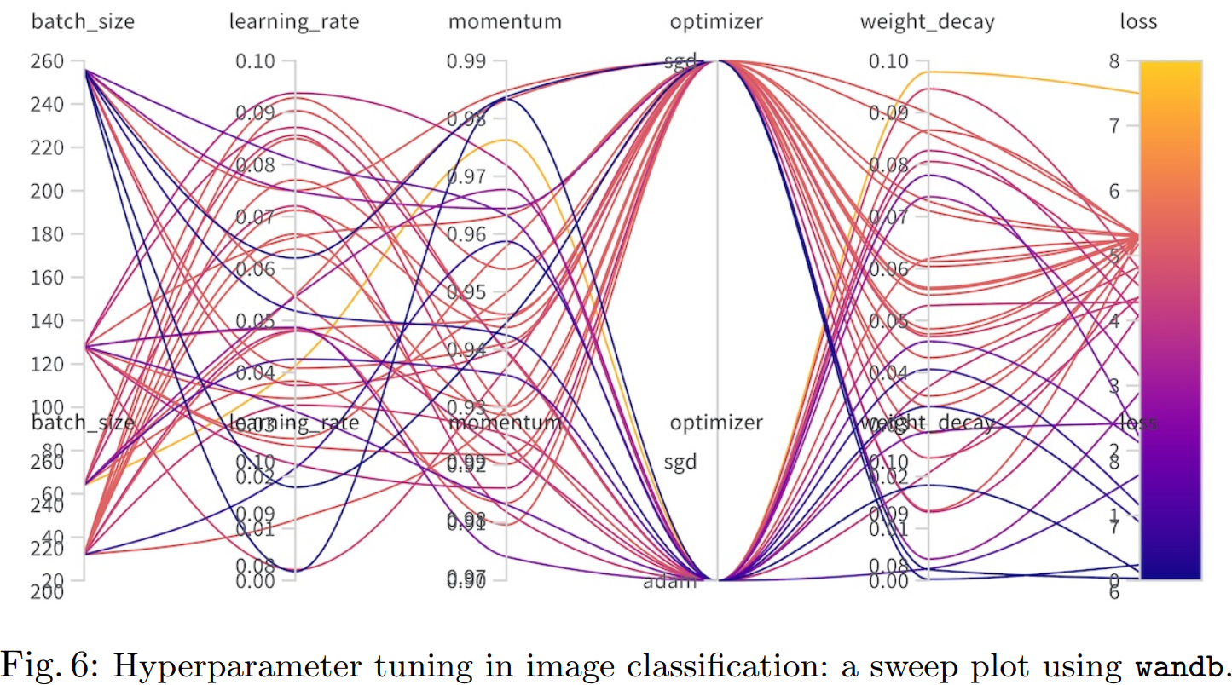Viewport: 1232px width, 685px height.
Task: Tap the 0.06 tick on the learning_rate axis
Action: pyautogui.click(x=261, y=269)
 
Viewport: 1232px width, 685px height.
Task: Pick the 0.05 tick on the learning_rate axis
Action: pyautogui.click(x=261, y=321)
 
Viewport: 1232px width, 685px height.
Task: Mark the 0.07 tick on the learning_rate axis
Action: pyautogui.click(x=261, y=217)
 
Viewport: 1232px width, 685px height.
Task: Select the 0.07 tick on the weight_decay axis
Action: pyautogui.click(x=894, y=217)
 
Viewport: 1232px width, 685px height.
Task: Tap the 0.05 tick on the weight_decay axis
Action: pyautogui.click(x=894, y=321)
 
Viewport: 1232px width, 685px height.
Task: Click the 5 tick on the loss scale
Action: pyautogui.click(x=1127, y=256)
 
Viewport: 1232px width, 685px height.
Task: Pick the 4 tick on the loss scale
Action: pyautogui.click(x=1127, y=320)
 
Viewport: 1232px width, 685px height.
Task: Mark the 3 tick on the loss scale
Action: pyautogui.click(x=1127, y=386)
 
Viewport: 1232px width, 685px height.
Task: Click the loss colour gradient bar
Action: pyautogui.click(x=1170, y=319)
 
